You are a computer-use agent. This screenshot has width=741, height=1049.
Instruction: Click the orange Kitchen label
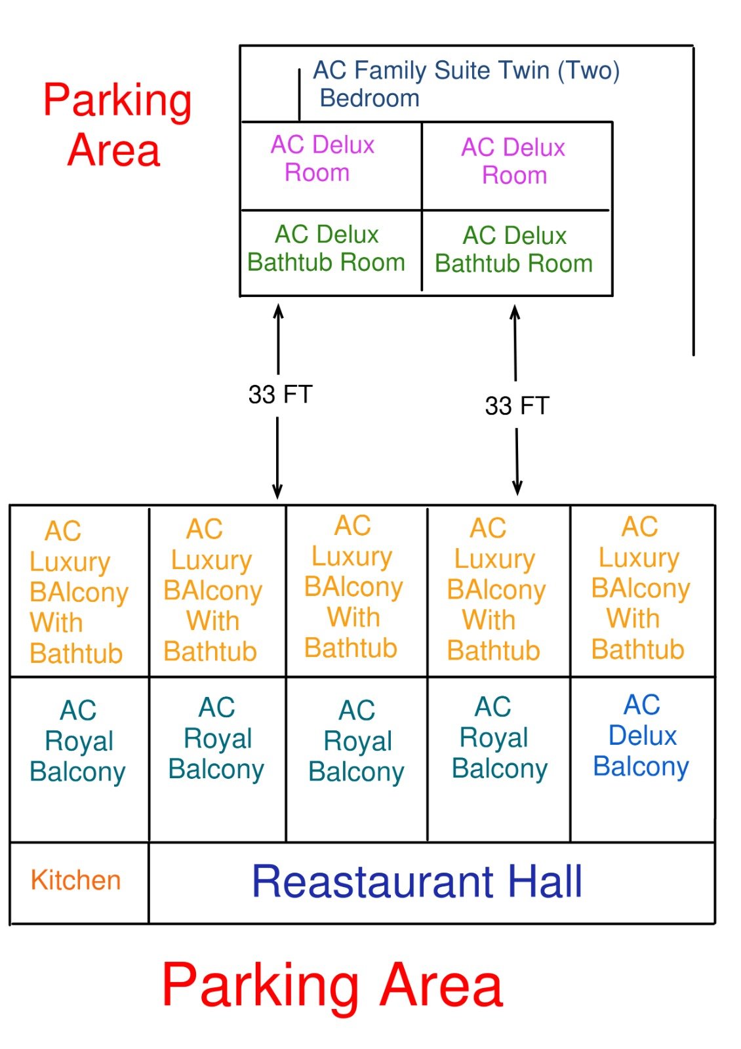pyautogui.click(x=75, y=880)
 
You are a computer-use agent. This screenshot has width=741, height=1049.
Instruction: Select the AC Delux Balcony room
pyautogui.click(x=641, y=736)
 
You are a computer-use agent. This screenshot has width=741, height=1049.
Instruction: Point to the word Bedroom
pyautogui.click(x=369, y=98)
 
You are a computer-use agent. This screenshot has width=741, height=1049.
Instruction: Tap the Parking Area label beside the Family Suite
pyautogui.click(x=117, y=125)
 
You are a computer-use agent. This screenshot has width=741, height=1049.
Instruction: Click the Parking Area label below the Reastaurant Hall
pyautogui.click(x=332, y=985)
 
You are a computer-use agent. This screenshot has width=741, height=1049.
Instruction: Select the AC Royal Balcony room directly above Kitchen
pyautogui.click(x=78, y=741)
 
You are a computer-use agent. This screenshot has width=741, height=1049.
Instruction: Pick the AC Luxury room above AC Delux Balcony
pyautogui.click(x=640, y=588)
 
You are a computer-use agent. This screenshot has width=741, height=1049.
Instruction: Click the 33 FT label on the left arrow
pyautogui.click(x=280, y=395)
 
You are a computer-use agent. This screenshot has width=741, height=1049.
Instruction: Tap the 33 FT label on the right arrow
pyautogui.click(x=517, y=406)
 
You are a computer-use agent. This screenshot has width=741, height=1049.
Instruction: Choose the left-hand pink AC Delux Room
pyautogui.click(x=322, y=159)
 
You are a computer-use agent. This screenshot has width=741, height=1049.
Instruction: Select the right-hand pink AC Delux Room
pyautogui.click(x=513, y=161)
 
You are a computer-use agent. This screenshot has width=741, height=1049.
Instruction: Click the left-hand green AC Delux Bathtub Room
pyautogui.click(x=326, y=248)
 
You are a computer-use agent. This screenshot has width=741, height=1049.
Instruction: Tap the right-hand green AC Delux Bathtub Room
pyautogui.click(x=514, y=250)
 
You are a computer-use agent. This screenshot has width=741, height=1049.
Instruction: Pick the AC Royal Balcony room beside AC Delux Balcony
pyautogui.click(x=499, y=738)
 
